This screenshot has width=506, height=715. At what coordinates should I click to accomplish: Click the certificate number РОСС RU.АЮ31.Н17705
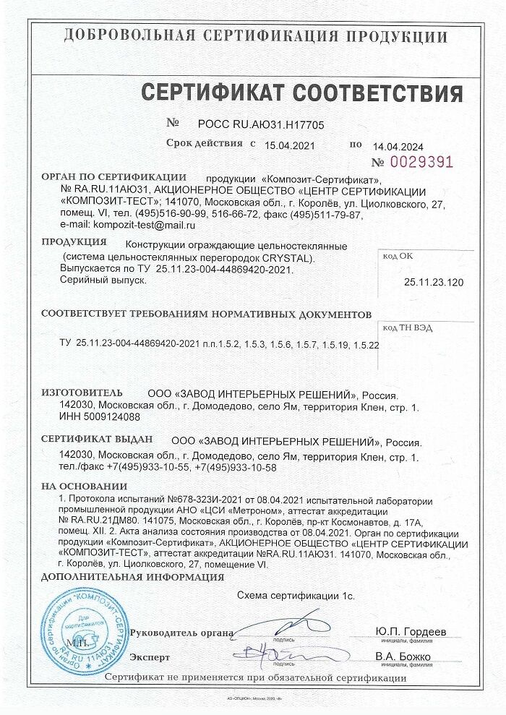click(258, 125)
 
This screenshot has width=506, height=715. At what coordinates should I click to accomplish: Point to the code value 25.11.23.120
click(434, 282)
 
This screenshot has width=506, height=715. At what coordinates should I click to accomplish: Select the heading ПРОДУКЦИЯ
click(74, 242)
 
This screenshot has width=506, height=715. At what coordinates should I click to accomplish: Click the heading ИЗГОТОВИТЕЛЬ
click(82, 392)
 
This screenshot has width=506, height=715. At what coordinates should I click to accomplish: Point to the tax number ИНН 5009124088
click(100, 417)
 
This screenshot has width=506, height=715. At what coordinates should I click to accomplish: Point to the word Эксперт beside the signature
click(150, 657)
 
